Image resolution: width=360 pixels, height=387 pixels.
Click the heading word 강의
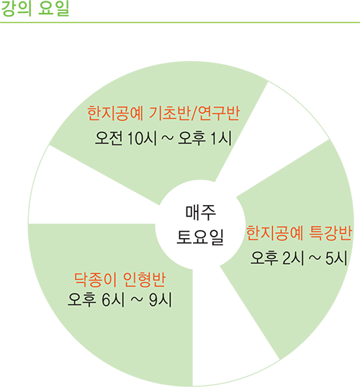(x=16, y=9)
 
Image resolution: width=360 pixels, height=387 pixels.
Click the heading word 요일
(x=53, y=9)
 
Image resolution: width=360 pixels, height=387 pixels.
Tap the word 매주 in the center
(x=201, y=212)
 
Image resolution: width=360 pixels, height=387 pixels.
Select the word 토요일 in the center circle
(x=200, y=237)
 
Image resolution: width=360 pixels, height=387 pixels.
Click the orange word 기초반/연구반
(x=194, y=114)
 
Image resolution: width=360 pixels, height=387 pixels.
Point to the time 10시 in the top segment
(x=143, y=137)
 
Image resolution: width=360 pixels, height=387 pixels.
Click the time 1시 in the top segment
(x=221, y=137)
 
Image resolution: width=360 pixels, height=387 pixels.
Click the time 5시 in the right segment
(x=336, y=258)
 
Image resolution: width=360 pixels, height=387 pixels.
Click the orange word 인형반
(x=144, y=280)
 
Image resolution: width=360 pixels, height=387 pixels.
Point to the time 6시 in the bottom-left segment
(x=112, y=300)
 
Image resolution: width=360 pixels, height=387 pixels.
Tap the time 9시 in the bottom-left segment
(x=160, y=300)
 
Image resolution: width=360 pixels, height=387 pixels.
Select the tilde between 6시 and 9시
(x=136, y=300)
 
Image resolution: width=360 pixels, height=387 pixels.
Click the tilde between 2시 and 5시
(x=315, y=258)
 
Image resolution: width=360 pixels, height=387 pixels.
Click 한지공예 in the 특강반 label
(x=274, y=233)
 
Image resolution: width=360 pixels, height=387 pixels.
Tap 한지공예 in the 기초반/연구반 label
(x=115, y=114)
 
